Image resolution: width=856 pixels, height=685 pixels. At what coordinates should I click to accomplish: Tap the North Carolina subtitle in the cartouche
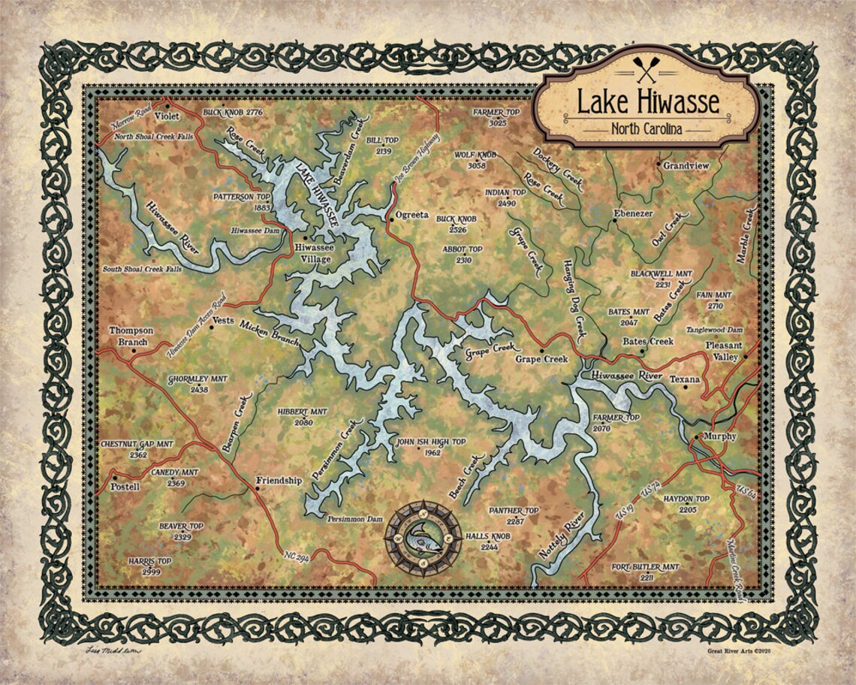647,129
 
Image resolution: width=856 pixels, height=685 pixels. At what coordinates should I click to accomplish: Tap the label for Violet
167,117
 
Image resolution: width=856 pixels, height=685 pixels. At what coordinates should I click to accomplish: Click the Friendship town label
279,481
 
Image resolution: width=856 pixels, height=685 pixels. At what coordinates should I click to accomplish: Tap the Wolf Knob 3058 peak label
476,159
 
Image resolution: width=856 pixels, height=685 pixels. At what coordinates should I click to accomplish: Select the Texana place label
684,379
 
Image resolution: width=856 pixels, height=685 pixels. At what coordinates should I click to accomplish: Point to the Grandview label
685,165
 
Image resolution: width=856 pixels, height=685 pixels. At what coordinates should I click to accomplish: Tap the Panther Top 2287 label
514,515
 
